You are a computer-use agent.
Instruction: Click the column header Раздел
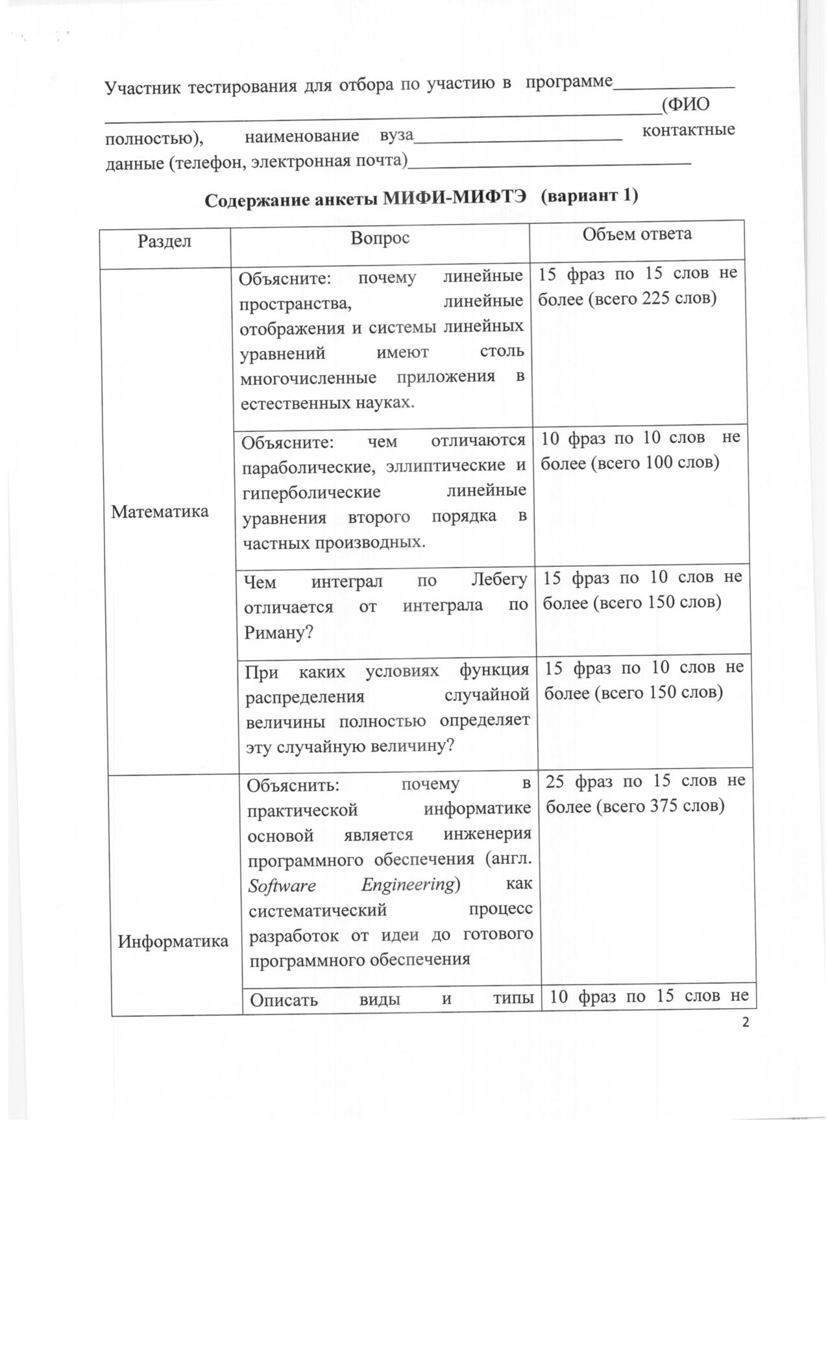click(164, 241)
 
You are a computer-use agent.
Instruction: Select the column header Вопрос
click(380, 238)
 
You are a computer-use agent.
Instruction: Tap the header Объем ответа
click(636, 234)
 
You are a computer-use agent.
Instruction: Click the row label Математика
click(160, 511)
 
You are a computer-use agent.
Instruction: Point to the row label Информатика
click(173, 941)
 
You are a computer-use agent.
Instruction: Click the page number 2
click(745, 1023)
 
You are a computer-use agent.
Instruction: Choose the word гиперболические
click(311, 492)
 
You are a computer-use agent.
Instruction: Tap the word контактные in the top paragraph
click(688, 130)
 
